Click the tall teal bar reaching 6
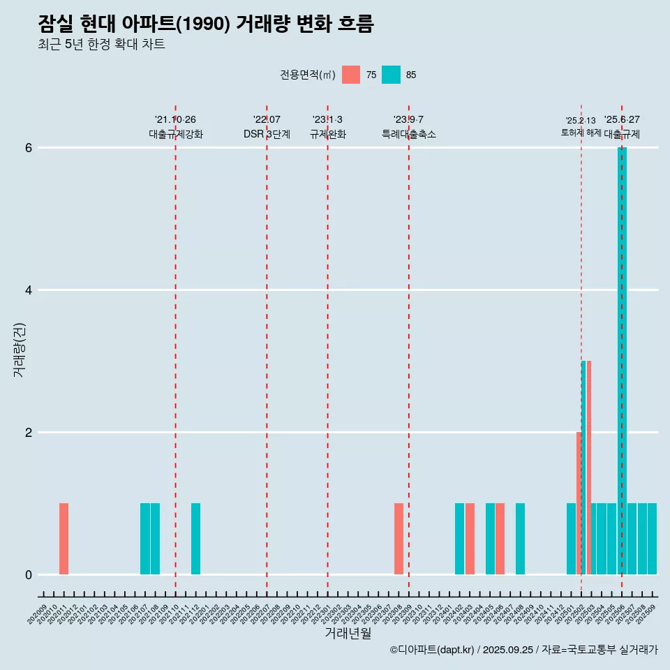622,361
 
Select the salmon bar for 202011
64,539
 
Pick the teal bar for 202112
195,539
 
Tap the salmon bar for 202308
399,539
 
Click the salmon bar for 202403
470,539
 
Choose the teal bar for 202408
520,539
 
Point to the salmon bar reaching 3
589,468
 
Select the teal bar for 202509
652,539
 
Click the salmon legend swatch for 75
351,75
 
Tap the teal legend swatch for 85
391,75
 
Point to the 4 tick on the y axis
29,290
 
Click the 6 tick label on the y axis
29,147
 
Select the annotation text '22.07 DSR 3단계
267,127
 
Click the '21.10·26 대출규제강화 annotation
175,127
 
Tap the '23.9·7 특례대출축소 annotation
408,127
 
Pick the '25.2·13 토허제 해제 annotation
581,126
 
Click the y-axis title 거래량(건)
19,350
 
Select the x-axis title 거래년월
348,633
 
